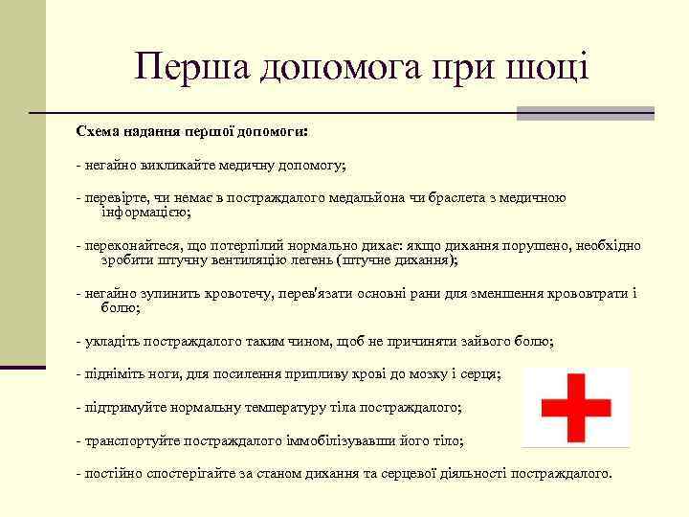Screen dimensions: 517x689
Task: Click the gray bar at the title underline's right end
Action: click(585, 113)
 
